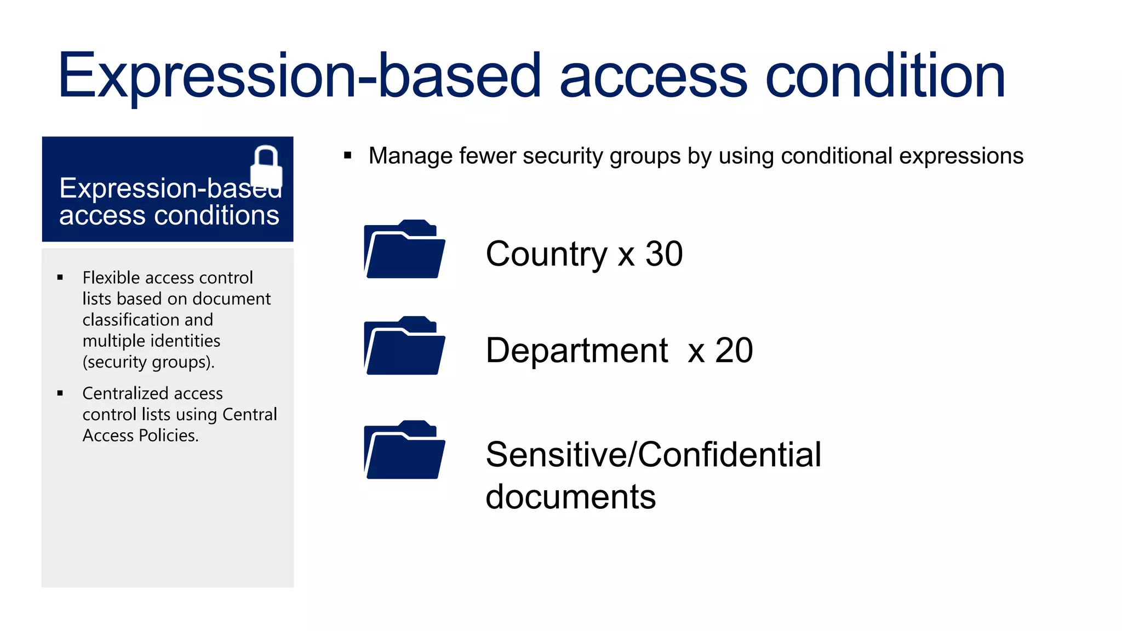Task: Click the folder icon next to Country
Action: [x=404, y=250]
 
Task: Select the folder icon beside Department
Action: [x=404, y=346]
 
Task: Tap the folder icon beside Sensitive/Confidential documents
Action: [x=404, y=450]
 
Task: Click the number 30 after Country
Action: [x=664, y=254]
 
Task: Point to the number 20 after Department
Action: [x=734, y=351]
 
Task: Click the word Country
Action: [x=546, y=254]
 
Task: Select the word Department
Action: [x=576, y=351]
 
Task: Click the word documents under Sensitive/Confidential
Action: [x=570, y=497]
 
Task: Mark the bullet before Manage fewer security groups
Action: [x=347, y=156]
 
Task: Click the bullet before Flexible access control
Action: [x=60, y=278]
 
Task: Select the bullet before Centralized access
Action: [x=60, y=393]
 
